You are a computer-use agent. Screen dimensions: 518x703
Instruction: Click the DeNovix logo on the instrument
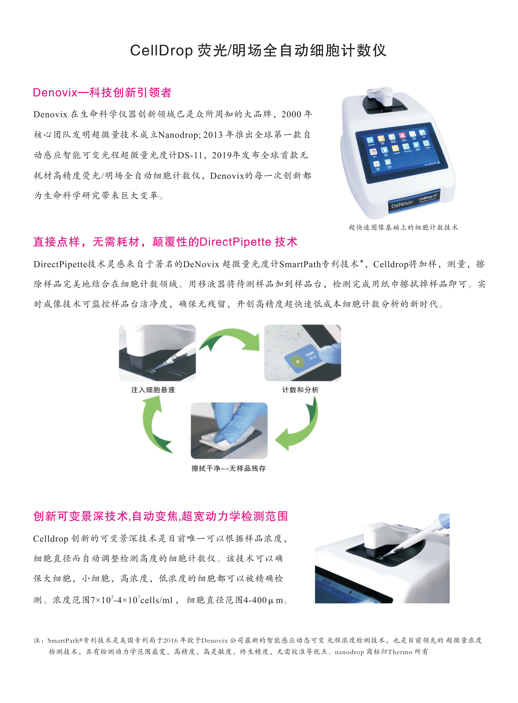coord(402,204)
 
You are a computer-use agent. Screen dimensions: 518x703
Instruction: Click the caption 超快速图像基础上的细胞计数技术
coord(403,227)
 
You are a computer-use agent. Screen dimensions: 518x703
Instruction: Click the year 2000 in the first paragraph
coord(291,114)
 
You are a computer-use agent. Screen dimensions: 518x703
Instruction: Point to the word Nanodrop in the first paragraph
coord(178,135)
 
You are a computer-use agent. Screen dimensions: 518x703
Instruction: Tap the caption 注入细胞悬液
coord(153,390)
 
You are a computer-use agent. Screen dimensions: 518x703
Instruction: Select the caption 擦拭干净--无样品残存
coord(229,468)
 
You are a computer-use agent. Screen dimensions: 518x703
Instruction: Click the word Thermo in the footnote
coord(400,652)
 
